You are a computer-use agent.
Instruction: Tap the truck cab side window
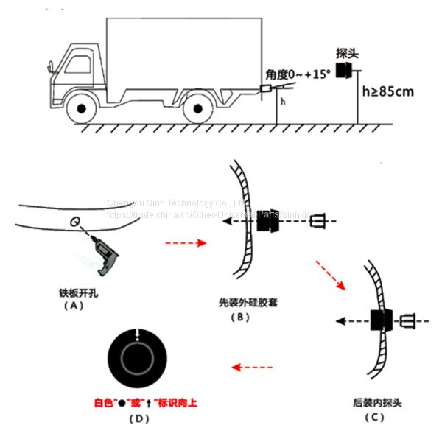click(x=78, y=61)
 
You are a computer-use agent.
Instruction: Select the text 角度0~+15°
click(x=299, y=75)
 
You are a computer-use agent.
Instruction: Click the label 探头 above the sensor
click(x=347, y=55)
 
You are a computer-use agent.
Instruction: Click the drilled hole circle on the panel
click(x=74, y=221)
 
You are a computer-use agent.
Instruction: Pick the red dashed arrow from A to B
click(x=186, y=242)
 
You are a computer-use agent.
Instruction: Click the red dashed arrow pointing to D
click(x=252, y=366)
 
